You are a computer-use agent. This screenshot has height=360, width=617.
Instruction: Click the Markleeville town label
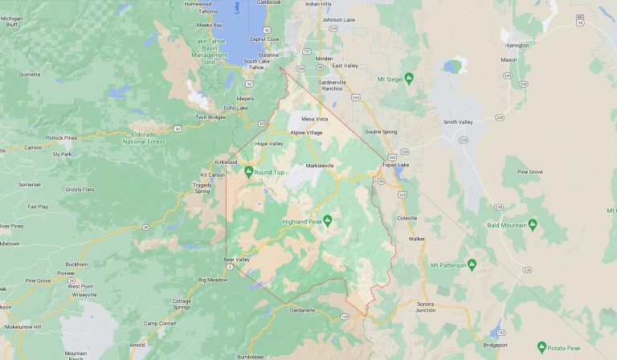coord(319,166)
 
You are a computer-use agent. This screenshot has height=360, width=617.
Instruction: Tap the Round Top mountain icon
coord(248,171)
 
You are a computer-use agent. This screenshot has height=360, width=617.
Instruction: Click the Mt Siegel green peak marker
coord(408,78)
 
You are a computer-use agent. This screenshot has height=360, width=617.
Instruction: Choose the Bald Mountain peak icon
coord(533,225)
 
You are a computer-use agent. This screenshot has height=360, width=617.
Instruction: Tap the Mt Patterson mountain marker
coord(472,264)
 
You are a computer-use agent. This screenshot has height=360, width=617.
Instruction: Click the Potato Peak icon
coord(541,347)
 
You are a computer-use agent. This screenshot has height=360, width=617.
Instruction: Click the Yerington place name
coord(517,45)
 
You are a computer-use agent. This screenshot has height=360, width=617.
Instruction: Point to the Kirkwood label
coord(226,162)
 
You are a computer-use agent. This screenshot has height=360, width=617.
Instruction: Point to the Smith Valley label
coord(459,122)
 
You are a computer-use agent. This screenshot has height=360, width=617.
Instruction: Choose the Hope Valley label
coord(269,144)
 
